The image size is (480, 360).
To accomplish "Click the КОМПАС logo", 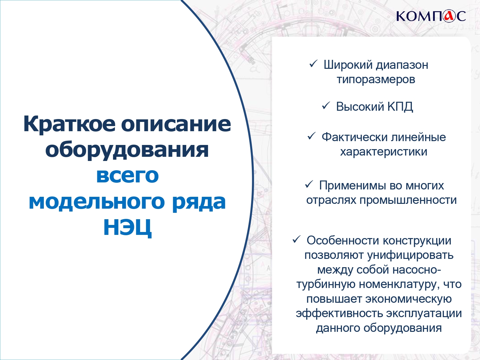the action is click(431, 16).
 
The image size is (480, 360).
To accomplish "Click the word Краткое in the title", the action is click(69, 124).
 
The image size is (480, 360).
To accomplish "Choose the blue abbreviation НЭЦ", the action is click(127, 227).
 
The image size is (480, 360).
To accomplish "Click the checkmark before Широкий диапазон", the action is click(313, 64).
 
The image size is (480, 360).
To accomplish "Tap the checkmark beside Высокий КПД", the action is click(326, 106).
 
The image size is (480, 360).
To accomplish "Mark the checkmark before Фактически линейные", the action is click(311, 136).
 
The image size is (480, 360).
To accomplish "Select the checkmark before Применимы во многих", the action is click(309, 185).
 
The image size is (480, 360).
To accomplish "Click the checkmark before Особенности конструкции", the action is click(296, 240).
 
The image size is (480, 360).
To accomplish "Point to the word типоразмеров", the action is click(376, 79).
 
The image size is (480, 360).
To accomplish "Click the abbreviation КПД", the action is click(400, 107).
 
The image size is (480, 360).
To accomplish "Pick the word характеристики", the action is click(384, 152).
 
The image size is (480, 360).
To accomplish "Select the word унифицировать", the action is click(410, 255).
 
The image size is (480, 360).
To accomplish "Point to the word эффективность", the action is click(339, 313).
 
